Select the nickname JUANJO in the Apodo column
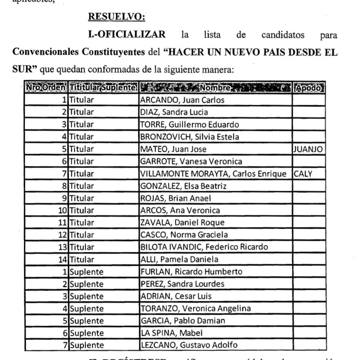click(308, 149)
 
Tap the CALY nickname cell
click(303, 174)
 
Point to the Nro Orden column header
click(46, 88)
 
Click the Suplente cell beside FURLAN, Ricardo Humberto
click(86, 272)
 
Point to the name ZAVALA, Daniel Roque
click(182, 223)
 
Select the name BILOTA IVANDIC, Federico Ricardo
click(204, 247)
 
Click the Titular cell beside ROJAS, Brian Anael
click(81, 198)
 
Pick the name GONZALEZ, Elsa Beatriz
click(183, 186)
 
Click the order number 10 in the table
click(62, 210)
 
